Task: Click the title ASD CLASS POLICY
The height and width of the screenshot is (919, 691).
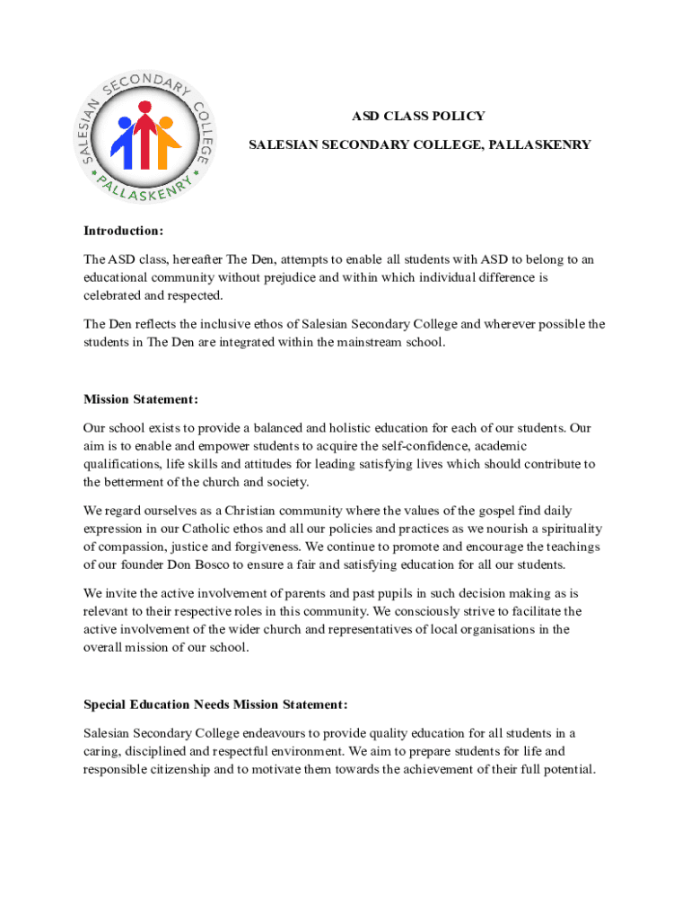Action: click(x=417, y=116)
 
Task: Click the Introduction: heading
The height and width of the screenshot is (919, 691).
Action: click(x=124, y=231)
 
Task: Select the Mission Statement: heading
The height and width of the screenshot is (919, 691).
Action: click(x=141, y=399)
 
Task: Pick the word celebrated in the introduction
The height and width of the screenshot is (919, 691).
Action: click(x=113, y=295)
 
